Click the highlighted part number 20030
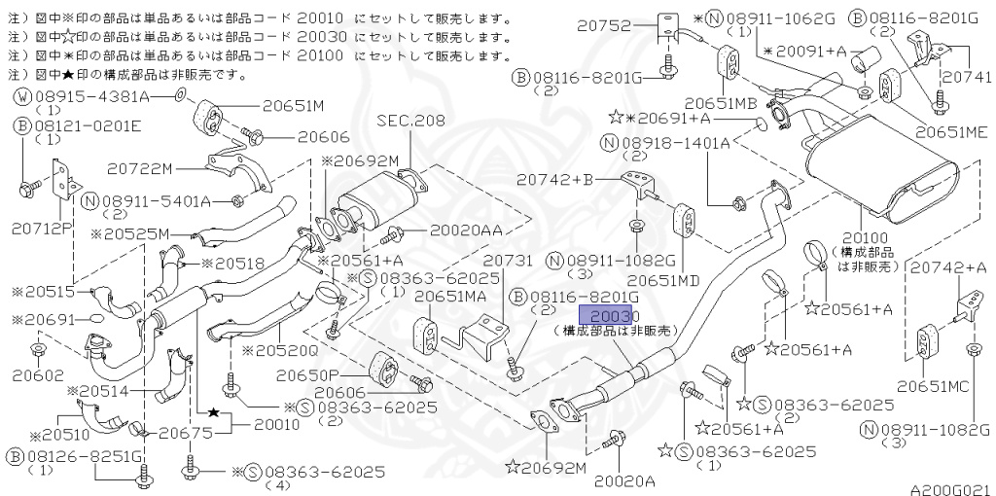coord(608,315)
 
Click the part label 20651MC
coord(933,385)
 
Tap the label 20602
coord(39,372)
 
